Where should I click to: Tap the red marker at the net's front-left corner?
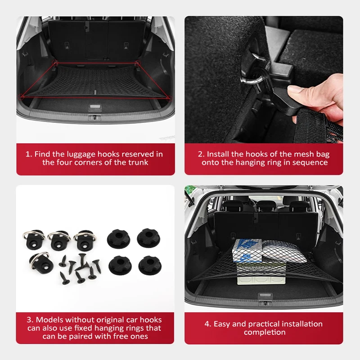click(22, 96)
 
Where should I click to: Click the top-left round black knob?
click(117, 238)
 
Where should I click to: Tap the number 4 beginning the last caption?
click(207, 324)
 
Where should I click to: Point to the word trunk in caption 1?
click(138, 162)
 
